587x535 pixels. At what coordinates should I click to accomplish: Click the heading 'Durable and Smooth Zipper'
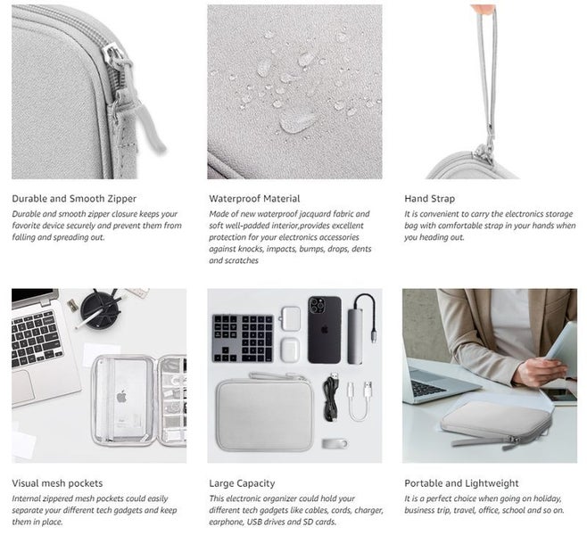(74, 198)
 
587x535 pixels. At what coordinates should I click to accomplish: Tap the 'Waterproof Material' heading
(254, 198)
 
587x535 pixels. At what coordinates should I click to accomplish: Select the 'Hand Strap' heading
(429, 198)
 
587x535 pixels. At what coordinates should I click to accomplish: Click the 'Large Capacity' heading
(242, 483)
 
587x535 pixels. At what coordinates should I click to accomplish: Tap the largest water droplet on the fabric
(297, 121)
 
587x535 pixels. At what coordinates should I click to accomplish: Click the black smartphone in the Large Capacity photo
(324, 329)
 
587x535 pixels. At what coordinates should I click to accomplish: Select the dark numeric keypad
(242, 337)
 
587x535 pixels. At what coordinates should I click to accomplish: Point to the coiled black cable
(331, 399)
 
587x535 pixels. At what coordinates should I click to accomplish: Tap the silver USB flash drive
(335, 443)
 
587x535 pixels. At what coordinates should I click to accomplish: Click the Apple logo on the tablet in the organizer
(121, 396)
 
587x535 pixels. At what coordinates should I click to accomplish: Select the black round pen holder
(99, 309)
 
